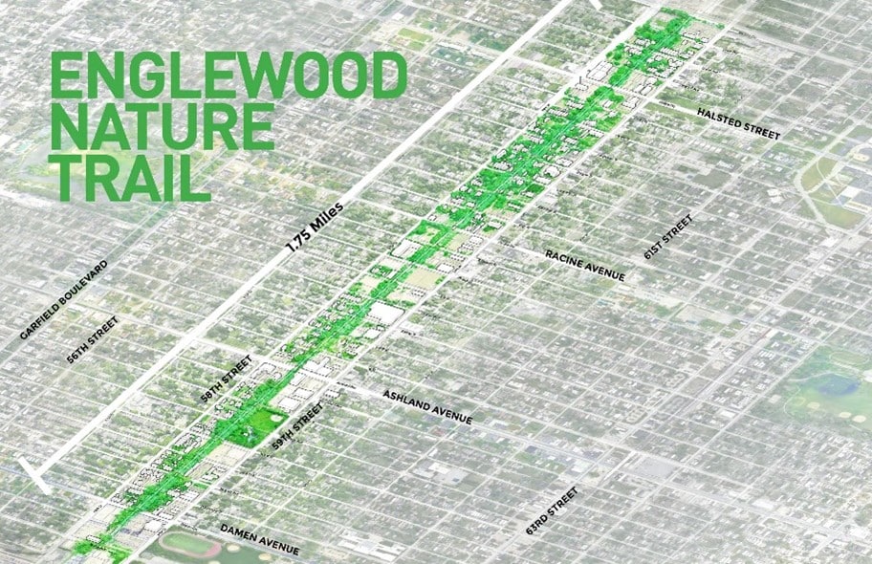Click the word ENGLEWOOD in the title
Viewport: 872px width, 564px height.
tap(229, 76)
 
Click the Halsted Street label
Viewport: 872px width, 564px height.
tap(738, 123)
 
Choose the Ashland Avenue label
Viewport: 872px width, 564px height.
tap(427, 406)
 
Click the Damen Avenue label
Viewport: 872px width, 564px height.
tap(260, 540)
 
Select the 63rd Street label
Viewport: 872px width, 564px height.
tap(552, 510)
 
